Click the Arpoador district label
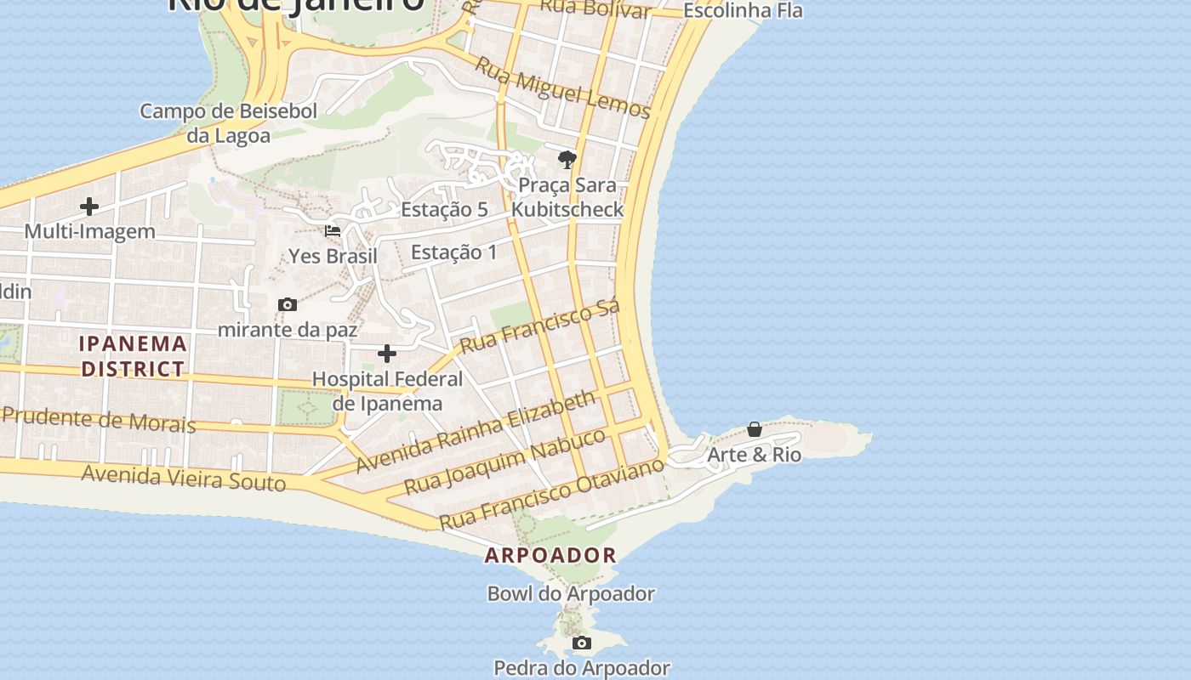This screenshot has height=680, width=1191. pos(550,556)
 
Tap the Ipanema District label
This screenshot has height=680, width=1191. pos(133,356)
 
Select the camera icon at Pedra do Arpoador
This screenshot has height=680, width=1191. pos(582,643)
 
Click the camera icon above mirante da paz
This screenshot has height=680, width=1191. pos(288,304)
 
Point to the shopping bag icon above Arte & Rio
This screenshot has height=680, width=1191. pos(755,429)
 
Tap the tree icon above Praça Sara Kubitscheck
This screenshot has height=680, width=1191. pos(567,160)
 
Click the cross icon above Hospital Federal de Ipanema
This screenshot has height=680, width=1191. pos(387,354)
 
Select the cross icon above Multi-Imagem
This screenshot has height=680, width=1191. pos(89,207)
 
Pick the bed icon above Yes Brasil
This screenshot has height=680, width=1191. pos(333,231)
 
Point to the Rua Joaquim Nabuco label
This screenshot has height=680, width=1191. pos(505,462)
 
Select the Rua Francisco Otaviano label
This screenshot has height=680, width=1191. pos(551,493)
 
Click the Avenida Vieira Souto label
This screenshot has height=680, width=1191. pos(184,478)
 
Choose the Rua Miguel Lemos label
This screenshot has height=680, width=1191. pos(562,88)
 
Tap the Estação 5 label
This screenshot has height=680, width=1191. pos(444,210)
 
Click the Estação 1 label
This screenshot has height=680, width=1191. pos(454,252)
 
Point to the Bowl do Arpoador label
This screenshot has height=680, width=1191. pos(571,594)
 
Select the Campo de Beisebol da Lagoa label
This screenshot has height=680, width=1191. pos(228,123)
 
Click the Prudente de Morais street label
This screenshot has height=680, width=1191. pos(99,420)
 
